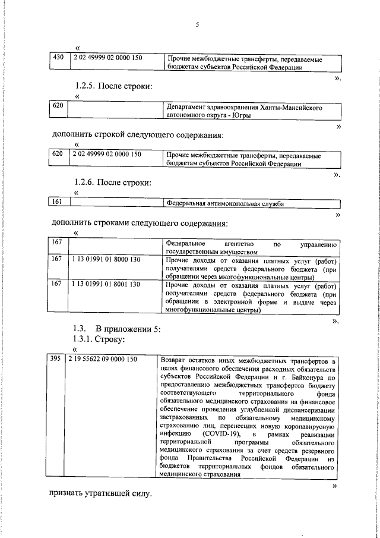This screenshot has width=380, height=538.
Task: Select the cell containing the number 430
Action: pyautogui.click(x=58, y=58)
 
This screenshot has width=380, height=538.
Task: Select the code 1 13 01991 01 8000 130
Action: pyautogui.click(x=105, y=260)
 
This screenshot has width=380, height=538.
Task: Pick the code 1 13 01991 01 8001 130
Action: pyautogui.click(x=105, y=284)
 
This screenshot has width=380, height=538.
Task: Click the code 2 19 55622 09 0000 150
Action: pyautogui.click(x=103, y=360)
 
